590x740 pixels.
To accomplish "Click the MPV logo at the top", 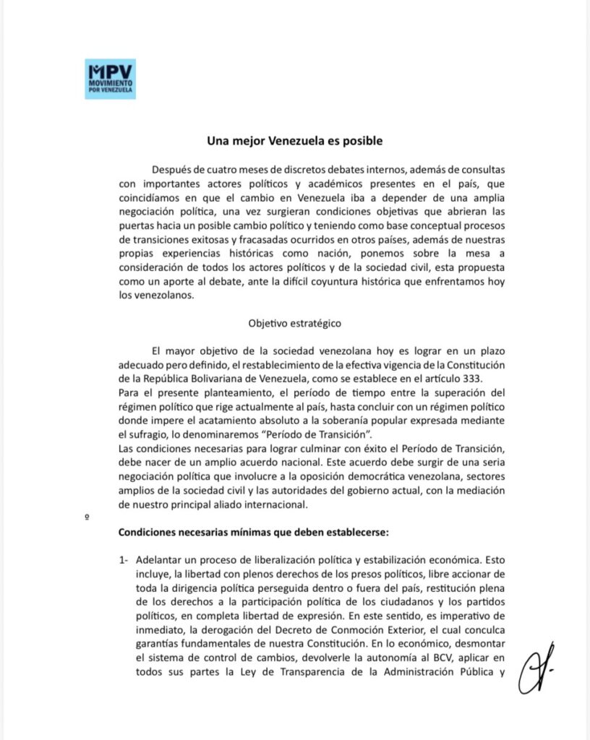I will click(x=110, y=79).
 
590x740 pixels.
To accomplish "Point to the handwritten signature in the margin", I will click(x=529, y=666).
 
